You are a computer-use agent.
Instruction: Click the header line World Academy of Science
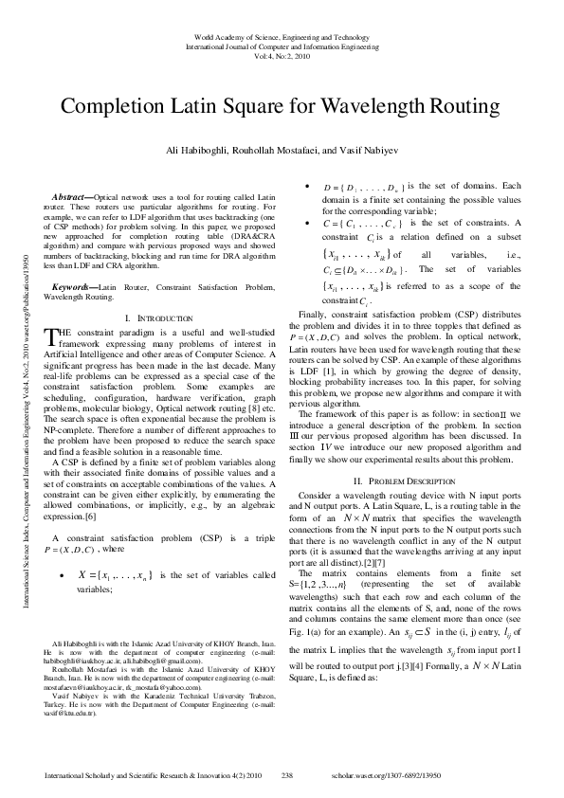(282, 37)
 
